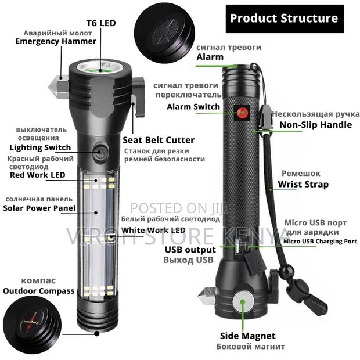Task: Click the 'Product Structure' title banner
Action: click(x=283, y=18)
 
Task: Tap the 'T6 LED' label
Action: click(x=102, y=23)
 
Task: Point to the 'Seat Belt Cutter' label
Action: click(x=159, y=140)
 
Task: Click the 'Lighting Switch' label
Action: click(x=40, y=147)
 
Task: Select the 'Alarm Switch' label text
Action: click(x=193, y=106)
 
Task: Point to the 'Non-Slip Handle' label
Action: click(x=315, y=124)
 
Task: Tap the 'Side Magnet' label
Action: click(x=247, y=336)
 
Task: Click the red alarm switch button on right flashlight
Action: click(x=241, y=112)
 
